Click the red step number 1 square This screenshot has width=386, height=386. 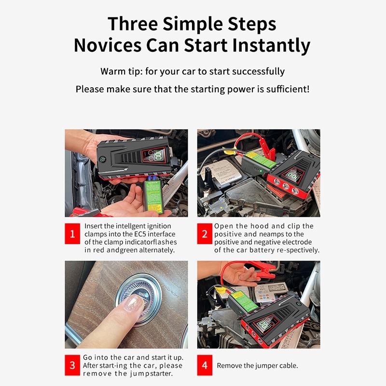(x=72, y=234)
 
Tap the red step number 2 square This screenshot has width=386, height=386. (x=205, y=234)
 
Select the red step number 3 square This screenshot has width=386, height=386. (x=72, y=365)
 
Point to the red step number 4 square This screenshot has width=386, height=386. (x=205, y=365)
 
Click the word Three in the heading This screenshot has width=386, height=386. (x=133, y=24)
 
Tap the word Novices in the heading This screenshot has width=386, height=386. (x=108, y=45)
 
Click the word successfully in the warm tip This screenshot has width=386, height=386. (x=258, y=71)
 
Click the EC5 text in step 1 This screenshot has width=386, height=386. (x=140, y=234)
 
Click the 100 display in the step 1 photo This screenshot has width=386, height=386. (x=159, y=155)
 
